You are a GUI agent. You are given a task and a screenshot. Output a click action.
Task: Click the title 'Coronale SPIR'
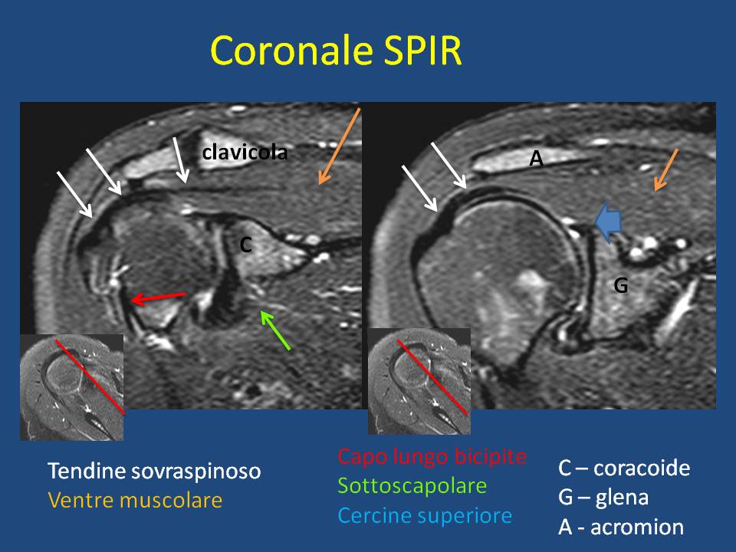pyautogui.click(x=336, y=51)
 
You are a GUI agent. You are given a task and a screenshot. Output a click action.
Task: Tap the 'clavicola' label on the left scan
pyautogui.click(x=245, y=152)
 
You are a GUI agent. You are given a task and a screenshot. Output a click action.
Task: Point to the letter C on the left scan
pyautogui.click(x=246, y=245)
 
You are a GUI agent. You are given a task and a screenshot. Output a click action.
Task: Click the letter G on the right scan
pyautogui.click(x=621, y=285)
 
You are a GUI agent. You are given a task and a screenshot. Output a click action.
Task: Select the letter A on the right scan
pyautogui.click(x=537, y=159)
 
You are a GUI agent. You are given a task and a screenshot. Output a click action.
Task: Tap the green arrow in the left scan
pyautogui.click(x=275, y=330)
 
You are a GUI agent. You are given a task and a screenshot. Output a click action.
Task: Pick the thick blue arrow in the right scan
pyautogui.click(x=608, y=222)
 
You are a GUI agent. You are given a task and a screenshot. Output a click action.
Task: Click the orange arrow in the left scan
pyautogui.click(x=340, y=146)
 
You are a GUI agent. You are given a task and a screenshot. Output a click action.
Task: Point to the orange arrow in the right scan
pyautogui.click(x=666, y=170)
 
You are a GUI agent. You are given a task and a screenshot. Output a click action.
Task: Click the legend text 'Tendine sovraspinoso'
pyautogui.click(x=154, y=471)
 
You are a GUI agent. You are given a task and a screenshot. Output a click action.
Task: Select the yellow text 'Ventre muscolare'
pyautogui.click(x=135, y=500)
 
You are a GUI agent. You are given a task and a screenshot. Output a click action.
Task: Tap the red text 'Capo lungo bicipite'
pyautogui.click(x=432, y=456)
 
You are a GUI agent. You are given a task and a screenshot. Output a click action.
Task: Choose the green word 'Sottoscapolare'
pyautogui.click(x=412, y=486)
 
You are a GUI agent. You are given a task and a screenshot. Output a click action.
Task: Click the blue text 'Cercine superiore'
pyautogui.click(x=425, y=515)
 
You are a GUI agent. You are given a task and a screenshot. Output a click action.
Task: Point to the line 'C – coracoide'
pyautogui.click(x=624, y=468)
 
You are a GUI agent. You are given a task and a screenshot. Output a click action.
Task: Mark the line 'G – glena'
pyautogui.click(x=603, y=497)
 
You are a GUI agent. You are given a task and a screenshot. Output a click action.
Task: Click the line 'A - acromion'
pyautogui.click(x=621, y=527)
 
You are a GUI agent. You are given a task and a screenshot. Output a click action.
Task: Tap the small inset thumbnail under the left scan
pyautogui.click(x=72, y=387)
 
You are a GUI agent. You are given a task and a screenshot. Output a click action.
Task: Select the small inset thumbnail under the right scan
pyautogui.click(x=419, y=381)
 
